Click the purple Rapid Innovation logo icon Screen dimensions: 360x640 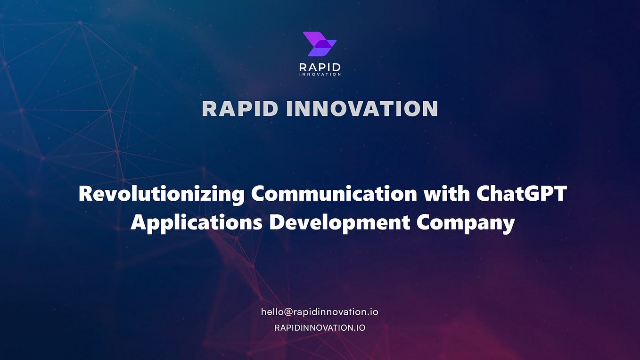(320, 44)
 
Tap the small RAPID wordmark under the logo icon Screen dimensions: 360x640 (320, 67)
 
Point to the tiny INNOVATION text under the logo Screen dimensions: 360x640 (320, 74)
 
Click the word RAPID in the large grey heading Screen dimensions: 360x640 (240, 109)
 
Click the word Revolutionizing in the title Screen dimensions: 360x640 (161, 194)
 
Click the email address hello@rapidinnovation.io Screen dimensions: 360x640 (320, 312)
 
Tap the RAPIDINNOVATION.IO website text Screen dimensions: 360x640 (320, 327)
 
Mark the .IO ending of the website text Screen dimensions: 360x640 (359, 327)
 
